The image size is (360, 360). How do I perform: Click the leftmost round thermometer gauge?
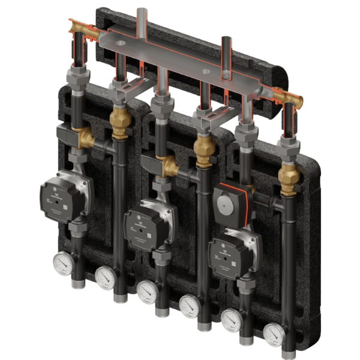(62, 262)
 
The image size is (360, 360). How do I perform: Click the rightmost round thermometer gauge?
(274, 331)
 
